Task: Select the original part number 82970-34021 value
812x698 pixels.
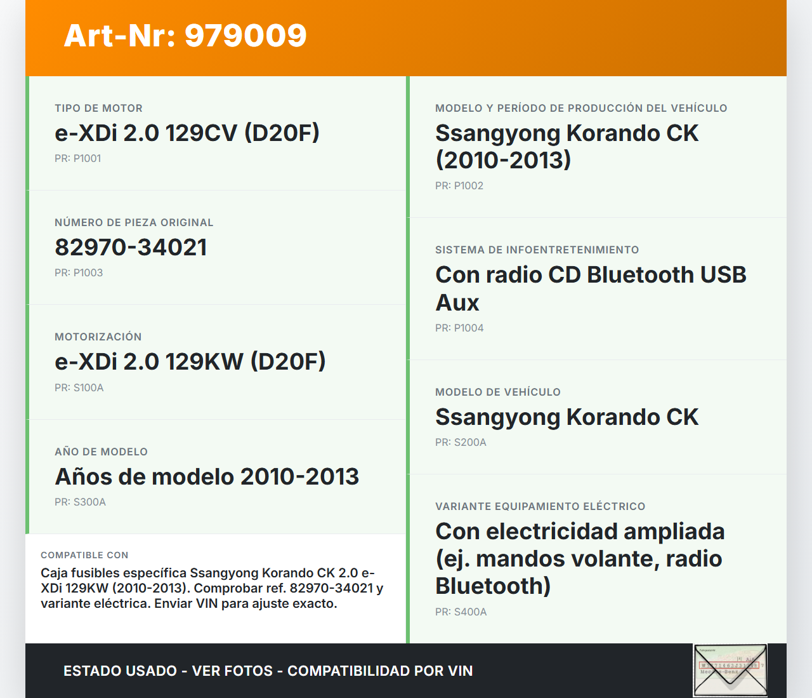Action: (131, 248)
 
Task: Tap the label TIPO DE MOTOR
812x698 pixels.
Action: (98, 109)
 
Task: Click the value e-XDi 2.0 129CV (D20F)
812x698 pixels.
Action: (187, 133)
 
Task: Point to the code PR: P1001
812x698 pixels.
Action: (77, 159)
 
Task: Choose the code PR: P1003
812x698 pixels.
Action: (79, 273)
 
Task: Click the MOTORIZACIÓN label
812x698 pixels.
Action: (98, 337)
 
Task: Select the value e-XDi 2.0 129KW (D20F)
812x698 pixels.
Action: (190, 362)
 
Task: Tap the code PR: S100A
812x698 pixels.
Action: (79, 388)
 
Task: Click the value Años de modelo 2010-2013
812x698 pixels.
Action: (207, 477)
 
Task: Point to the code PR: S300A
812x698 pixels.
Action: (80, 502)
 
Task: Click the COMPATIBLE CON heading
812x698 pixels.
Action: (84, 555)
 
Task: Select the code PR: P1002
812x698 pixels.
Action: (459, 186)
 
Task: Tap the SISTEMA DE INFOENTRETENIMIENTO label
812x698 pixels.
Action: (537, 250)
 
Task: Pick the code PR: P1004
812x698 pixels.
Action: (459, 328)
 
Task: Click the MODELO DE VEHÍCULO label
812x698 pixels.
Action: (497, 393)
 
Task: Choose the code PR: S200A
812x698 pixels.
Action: (461, 443)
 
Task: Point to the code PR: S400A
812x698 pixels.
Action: (461, 612)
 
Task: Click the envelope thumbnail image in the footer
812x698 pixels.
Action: (730, 670)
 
